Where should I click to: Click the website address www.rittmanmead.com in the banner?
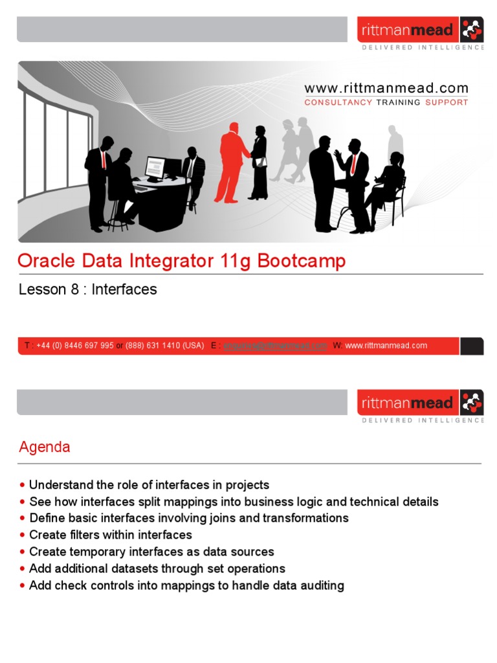pos(386,89)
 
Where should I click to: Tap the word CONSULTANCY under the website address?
pos(338,102)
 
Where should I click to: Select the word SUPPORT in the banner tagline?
pos(447,102)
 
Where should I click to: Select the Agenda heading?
pos(45,447)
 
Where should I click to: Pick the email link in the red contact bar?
pos(275,346)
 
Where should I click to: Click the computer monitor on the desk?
pos(155,167)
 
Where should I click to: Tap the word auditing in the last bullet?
pos(321,585)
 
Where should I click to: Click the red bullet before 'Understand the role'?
pos(23,485)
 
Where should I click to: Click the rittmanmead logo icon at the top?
pos(471,30)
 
